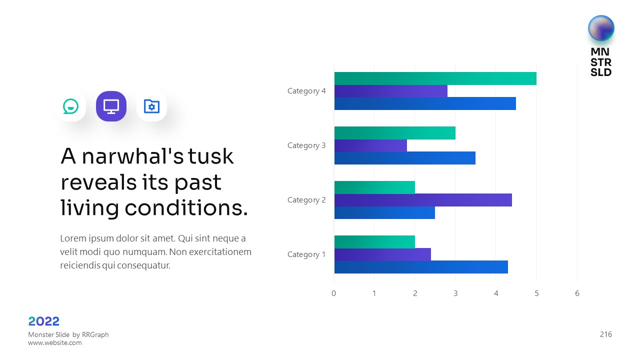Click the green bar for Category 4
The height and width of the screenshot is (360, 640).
[x=435, y=78]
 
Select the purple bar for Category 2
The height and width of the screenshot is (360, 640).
[x=423, y=200]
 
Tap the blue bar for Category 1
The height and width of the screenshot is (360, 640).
[x=421, y=267]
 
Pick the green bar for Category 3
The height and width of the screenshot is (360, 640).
[x=395, y=133]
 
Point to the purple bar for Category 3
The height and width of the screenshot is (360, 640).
[x=370, y=145]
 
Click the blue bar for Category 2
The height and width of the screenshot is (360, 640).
[x=384, y=212]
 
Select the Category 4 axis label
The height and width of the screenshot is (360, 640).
[x=306, y=91]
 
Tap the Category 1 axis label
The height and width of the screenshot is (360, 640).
[x=306, y=254]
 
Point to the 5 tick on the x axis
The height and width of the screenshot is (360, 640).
[x=536, y=293]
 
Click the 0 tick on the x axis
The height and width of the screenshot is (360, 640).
[x=334, y=293]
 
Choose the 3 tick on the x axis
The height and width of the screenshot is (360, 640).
[x=455, y=293]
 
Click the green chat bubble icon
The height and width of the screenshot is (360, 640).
[x=70, y=106]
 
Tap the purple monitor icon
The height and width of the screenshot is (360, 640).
[x=111, y=106]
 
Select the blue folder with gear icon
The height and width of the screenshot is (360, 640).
[x=151, y=106]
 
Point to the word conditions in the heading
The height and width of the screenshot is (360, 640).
[x=186, y=208]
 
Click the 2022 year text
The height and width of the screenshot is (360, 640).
[x=44, y=321]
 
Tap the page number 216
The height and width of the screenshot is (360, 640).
[x=606, y=334]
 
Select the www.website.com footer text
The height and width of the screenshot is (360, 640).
[x=55, y=343]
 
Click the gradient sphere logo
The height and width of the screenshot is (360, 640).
[x=601, y=28]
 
